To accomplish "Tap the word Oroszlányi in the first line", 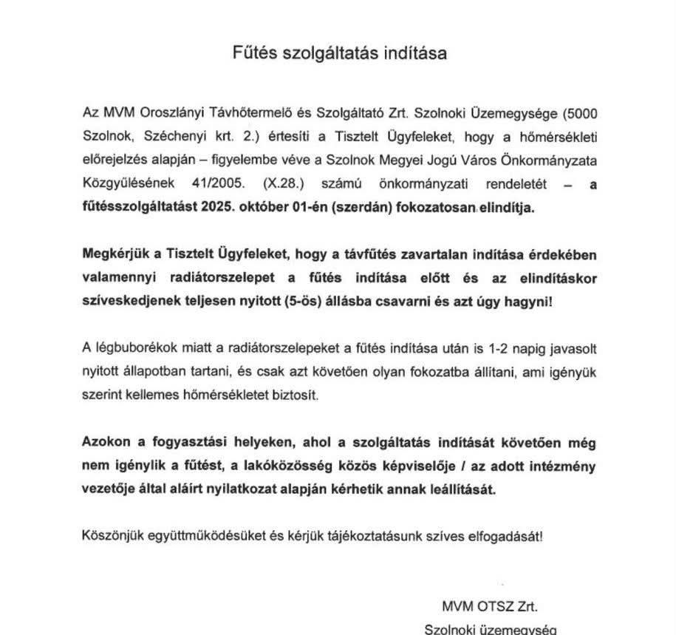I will [x=162, y=115].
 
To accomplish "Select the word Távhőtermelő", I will [x=236, y=115].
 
